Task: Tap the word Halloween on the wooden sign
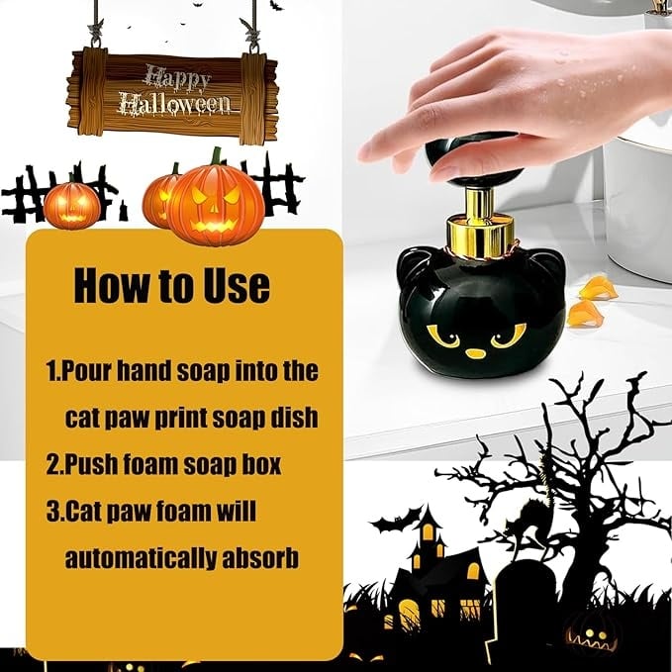tap(174, 105)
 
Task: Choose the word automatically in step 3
tap(140, 558)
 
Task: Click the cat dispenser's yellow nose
tap(475, 353)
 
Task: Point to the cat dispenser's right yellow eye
tap(509, 334)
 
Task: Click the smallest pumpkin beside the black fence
tap(71, 205)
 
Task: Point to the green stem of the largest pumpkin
tap(216, 156)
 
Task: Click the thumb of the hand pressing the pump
tap(454, 168)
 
